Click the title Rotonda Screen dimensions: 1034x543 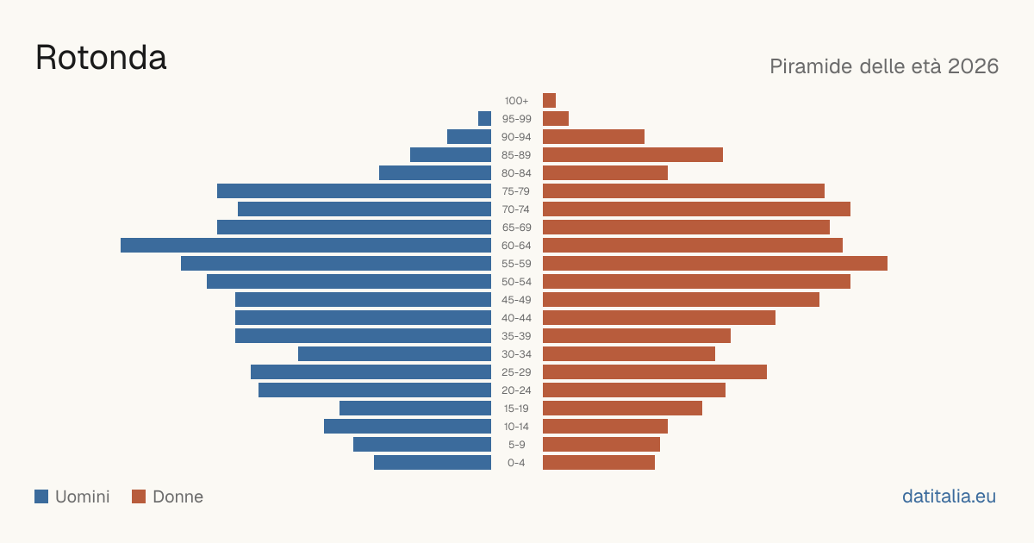[x=101, y=58]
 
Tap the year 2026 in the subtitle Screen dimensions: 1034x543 [x=973, y=66]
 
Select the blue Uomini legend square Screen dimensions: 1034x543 [x=41, y=496]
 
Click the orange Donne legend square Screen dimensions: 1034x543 [x=139, y=496]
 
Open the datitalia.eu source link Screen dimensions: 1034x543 [x=949, y=496]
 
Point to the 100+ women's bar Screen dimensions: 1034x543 [x=550, y=101]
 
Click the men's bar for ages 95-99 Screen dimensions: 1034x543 [x=484, y=119]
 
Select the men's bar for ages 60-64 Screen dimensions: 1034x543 [x=306, y=245]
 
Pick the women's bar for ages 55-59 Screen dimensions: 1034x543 [x=715, y=263]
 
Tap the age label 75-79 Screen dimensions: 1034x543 [x=516, y=191]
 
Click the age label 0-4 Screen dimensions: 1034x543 [x=516, y=463]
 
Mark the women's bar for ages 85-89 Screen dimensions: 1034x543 [x=632, y=154]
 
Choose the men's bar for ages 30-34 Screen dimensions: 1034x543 [x=395, y=354]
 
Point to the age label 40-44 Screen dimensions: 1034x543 [x=516, y=318]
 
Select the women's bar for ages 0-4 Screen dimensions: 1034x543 [x=599, y=463]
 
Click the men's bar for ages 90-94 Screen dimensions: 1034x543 [x=469, y=137]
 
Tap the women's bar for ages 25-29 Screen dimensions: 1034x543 [x=655, y=372]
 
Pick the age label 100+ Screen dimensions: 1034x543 [x=516, y=101]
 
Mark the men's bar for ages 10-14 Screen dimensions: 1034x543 [x=408, y=426]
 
